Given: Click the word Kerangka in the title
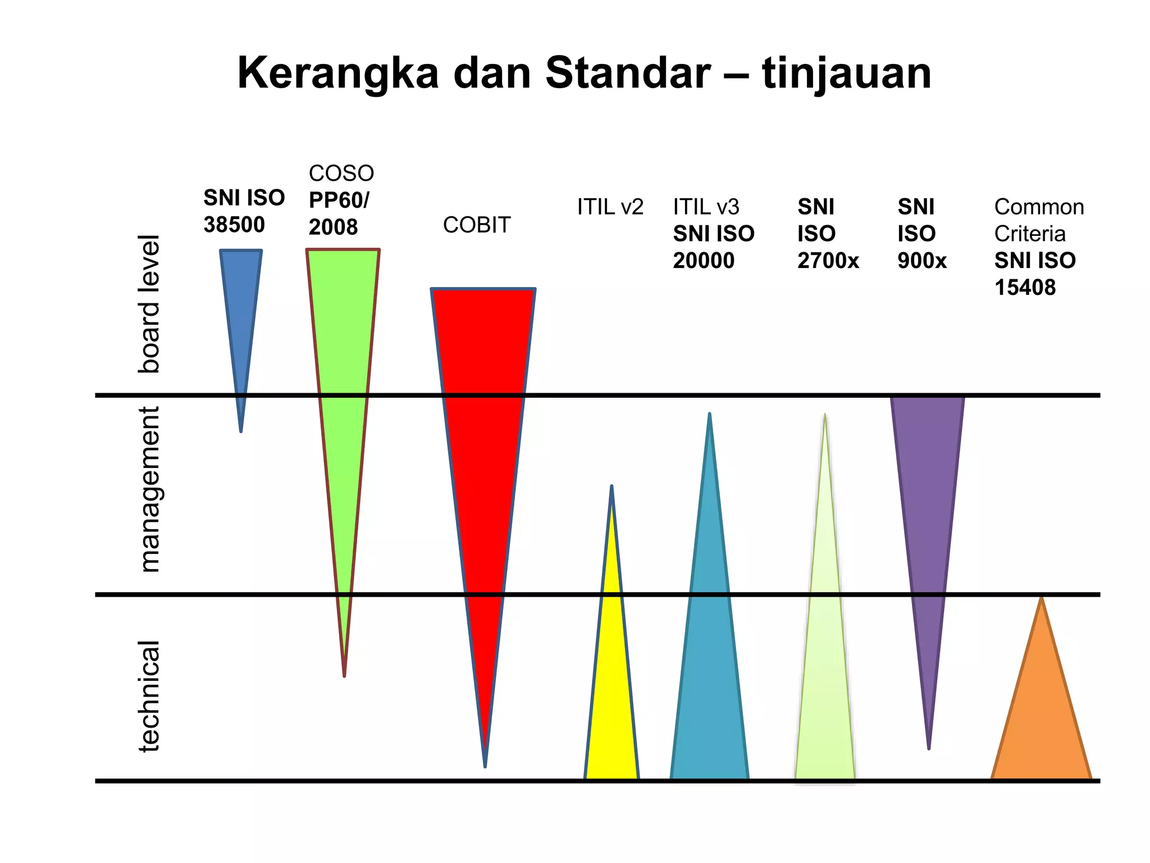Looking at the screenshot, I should pos(337,74).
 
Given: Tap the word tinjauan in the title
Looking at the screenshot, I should pos(846,74).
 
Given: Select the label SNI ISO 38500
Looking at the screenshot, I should pos(244,211).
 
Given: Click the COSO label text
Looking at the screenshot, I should pos(341,173).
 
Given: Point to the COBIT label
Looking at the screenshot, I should pos(476,225).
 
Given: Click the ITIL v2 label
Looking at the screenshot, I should pos(610,207).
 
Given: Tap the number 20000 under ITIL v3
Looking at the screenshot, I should pos(703,261).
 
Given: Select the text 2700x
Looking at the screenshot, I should pos(828,261).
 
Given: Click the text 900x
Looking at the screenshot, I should pos(921,261).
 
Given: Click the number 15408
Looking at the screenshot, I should pos(1025,288).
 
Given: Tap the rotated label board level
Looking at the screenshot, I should pos(149,304).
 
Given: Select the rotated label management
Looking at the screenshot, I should pos(149,489).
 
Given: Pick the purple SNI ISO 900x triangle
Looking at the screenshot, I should pos(928,506).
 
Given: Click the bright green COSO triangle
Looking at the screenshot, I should pos(343,393).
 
